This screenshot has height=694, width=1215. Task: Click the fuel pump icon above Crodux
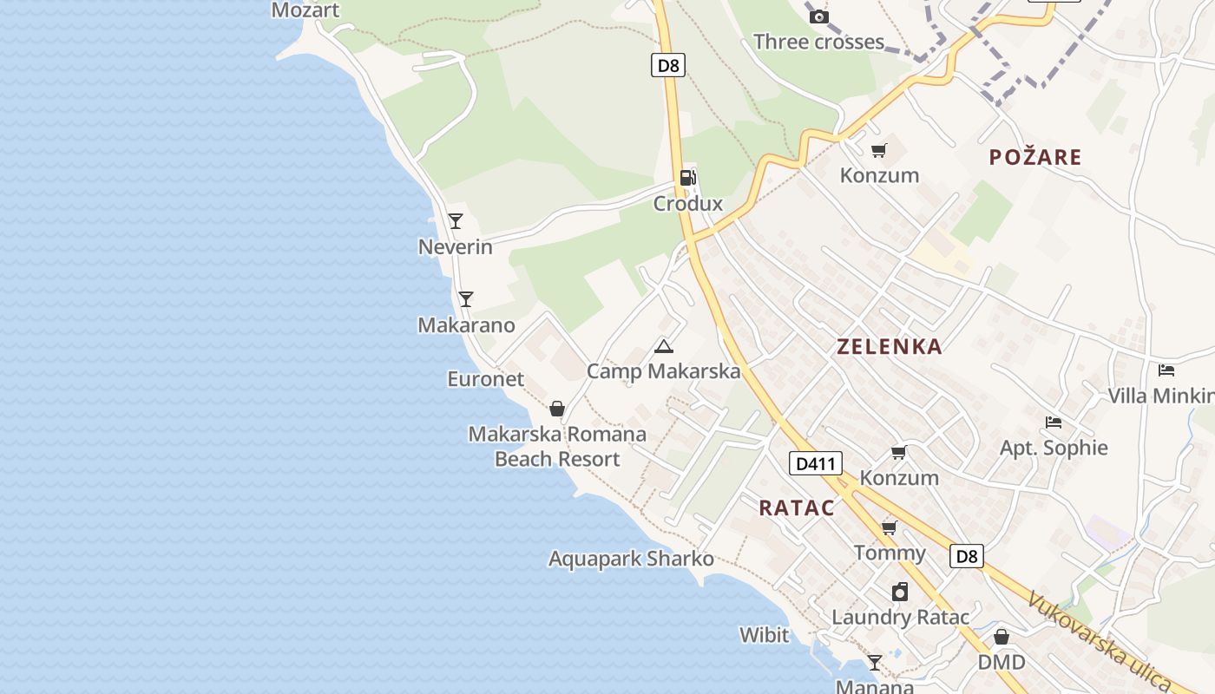[x=687, y=178]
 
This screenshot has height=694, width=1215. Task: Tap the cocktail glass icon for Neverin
[x=456, y=221]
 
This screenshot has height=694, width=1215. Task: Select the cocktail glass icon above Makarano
[x=466, y=299]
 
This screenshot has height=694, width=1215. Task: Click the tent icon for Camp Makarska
[x=664, y=347]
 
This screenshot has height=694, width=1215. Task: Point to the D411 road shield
[x=816, y=463]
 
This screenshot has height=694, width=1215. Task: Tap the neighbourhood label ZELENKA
[x=889, y=347]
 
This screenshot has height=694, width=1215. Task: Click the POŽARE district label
[x=1035, y=157]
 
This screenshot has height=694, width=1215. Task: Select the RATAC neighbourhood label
[x=797, y=508]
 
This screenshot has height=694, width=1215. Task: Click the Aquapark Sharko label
[x=631, y=559]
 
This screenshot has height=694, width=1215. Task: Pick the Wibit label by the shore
[x=764, y=635]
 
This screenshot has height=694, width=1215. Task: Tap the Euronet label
[x=486, y=379]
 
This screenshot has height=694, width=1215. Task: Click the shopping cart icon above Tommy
[x=889, y=527]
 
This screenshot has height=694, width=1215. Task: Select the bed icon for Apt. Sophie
[x=1054, y=422]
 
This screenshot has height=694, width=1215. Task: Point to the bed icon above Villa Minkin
[x=1166, y=370]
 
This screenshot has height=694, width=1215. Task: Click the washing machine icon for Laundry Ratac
[x=900, y=592]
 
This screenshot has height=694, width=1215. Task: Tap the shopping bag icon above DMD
[x=1002, y=637]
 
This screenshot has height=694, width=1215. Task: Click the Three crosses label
[x=818, y=42]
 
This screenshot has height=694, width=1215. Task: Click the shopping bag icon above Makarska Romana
[x=557, y=408]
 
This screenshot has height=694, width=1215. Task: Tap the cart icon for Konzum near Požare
[x=879, y=151]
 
